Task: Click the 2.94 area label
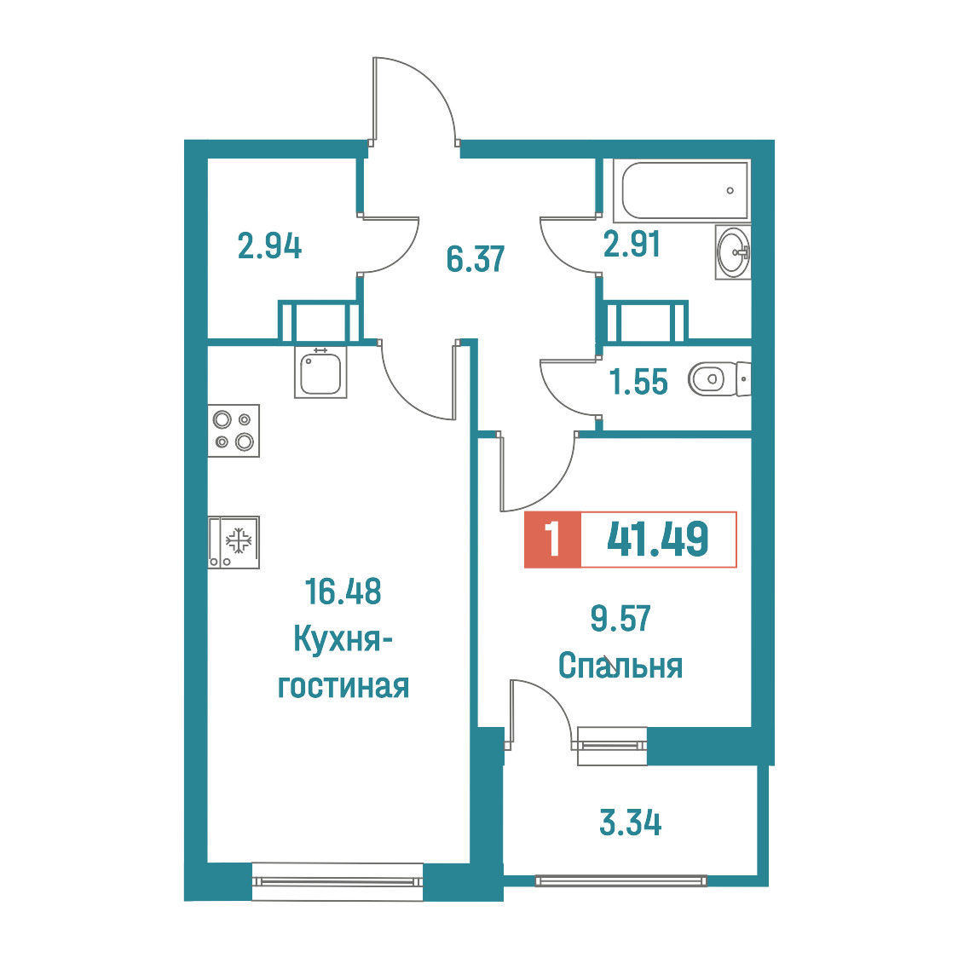point(269,247)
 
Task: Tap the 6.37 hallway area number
point(476,259)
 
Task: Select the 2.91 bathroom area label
point(632,245)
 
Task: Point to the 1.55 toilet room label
point(638,382)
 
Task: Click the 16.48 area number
point(343,592)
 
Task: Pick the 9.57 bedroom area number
point(620,618)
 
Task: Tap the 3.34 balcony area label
point(631,822)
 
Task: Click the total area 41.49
point(658,539)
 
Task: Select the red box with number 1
point(552,540)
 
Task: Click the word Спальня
point(620,666)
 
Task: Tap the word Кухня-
point(342,640)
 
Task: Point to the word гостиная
point(343,686)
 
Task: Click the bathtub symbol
point(681,191)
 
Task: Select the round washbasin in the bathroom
point(733,251)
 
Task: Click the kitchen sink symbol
point(320,372)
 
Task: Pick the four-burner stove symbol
point(234,430)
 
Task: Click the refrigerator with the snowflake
point(234,543)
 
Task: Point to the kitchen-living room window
point(338,881)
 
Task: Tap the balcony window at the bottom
point(620,881)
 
